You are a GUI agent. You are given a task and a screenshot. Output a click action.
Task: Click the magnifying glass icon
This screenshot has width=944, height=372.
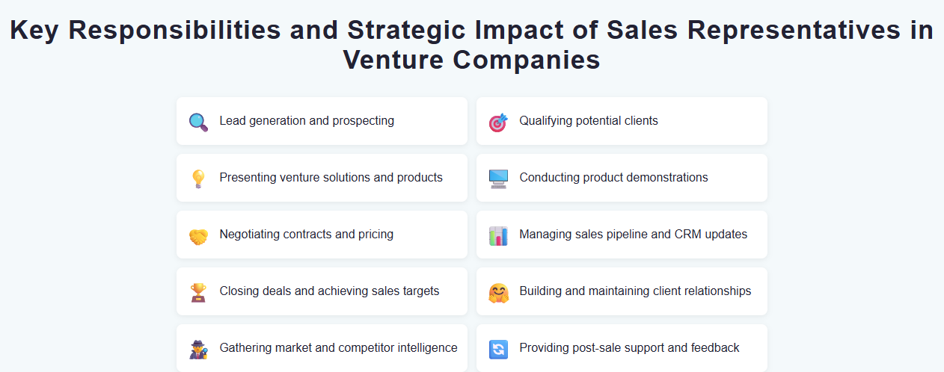198,122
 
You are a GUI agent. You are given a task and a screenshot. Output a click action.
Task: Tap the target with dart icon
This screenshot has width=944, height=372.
498,122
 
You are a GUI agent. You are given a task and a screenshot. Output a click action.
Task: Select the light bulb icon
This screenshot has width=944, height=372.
198,179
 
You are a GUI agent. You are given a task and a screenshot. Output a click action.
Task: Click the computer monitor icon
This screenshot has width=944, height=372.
498,179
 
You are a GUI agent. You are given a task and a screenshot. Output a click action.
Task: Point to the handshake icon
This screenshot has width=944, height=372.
198,235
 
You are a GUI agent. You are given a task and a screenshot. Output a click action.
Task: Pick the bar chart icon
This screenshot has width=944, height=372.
498,235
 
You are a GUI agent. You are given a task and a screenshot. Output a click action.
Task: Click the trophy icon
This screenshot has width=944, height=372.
198,292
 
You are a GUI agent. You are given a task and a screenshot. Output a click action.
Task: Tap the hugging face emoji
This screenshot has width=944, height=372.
498,292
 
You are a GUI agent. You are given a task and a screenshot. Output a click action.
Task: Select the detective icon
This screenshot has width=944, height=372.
198,349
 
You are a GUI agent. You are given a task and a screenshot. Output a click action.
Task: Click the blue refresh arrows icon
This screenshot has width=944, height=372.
498,349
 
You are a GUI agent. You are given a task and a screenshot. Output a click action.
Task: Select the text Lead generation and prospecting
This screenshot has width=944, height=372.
307,121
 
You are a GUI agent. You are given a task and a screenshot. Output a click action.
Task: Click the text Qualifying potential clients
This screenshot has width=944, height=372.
589,121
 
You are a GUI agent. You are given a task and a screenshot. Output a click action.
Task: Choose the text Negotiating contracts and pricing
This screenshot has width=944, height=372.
306,235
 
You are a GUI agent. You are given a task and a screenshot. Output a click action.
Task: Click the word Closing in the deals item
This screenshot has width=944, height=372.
239,291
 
